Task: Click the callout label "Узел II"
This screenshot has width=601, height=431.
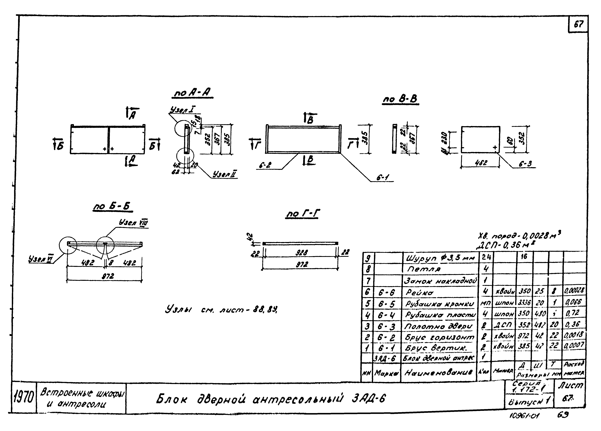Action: point(225,174)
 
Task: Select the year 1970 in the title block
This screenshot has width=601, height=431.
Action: point(24,398)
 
